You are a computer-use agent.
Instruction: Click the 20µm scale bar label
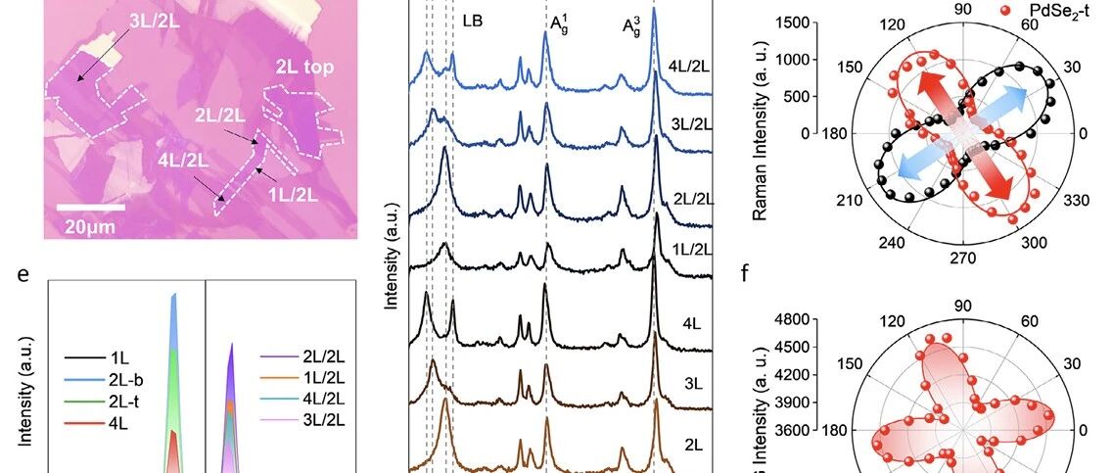tap(89, 226)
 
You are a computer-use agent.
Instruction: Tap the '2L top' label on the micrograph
tap(304, 68)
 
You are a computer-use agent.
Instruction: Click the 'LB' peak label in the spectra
tap(473, 22)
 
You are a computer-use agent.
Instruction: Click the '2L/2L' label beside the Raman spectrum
tap(692, 200)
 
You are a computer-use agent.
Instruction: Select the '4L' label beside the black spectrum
tap(691, 324)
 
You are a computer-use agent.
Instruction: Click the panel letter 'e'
tap(23, 275)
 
